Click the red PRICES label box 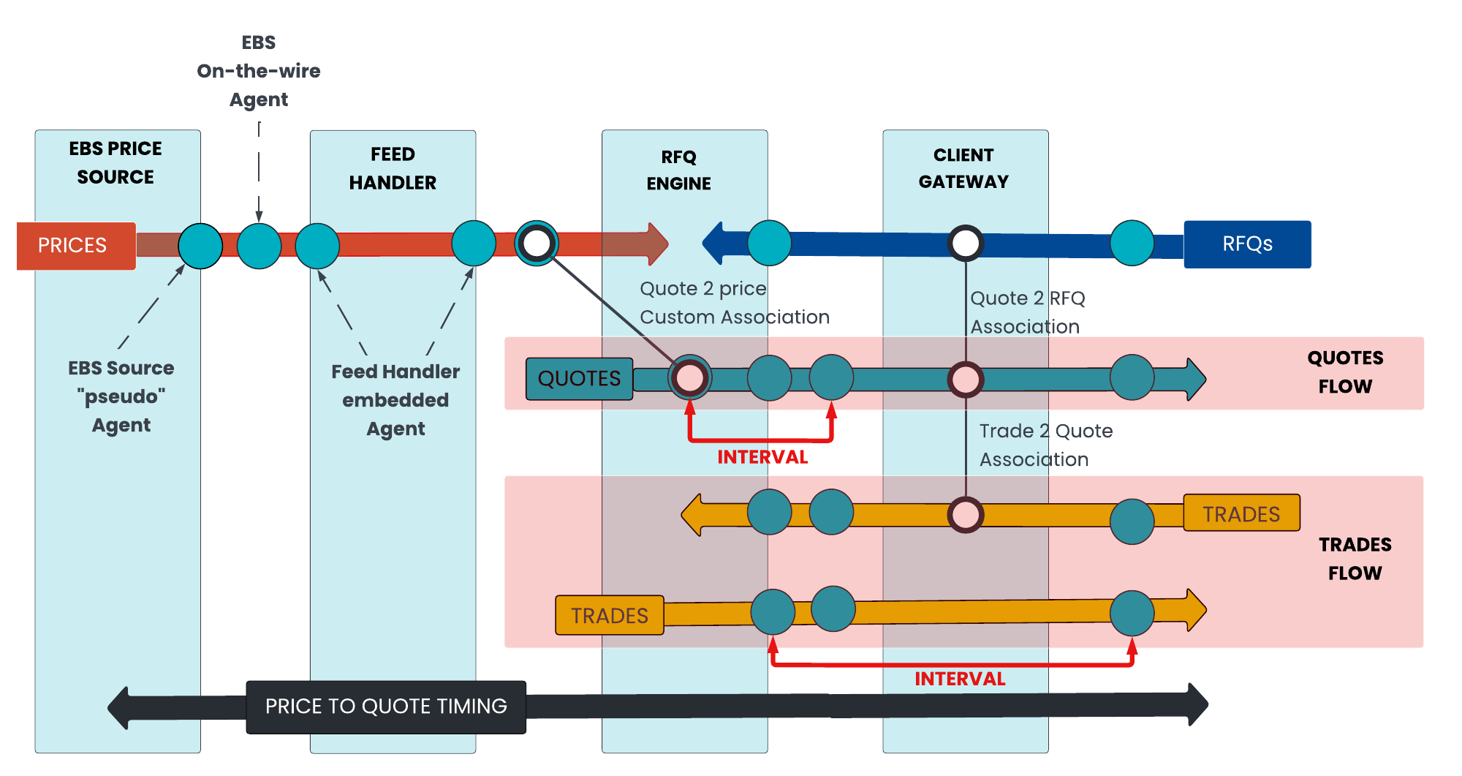click(x=76, y=246)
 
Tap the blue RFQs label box click(x=1247, y=244)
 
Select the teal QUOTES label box click(x=580, y=379)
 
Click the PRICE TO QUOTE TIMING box click(x=386, y=707)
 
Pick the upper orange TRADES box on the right click(x=1241, y=513)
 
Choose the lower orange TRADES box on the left click(x=610, y=615)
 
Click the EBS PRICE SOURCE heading click(x=115, y=162)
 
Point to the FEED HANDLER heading click(x=393, y=168)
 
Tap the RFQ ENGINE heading click(x=678, y=170)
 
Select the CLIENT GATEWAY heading click(x=963, y=168)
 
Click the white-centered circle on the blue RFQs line click(x=966, y=244)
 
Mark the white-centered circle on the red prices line click(x=537, y=244)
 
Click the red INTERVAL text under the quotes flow click(x=762, y=457)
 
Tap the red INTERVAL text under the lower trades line click(x=960, y=679)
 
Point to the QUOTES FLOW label click(x=1345, y=372)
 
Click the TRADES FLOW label click(x=1355, y=559)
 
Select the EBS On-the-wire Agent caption click(x=259, y=71)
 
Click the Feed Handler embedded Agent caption click(x=395, y=400)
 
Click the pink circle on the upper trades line click(x=966, y=514)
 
